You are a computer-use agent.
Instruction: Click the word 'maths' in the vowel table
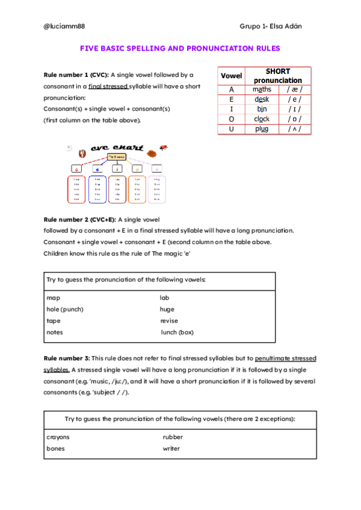pyautogui.click(x=262, y=90)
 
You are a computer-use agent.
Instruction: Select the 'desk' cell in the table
pyautogui.click(x=262, y=99)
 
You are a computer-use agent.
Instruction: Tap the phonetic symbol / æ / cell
pyautogui.click(x=295, y=90)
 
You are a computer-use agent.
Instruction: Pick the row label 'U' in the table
pyautogui.click(x=231, y=129)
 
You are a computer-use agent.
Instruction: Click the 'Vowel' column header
pyautogui.click(x=232, y=76)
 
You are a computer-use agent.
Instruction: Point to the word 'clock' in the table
pyautogui.click(x=262, y=119)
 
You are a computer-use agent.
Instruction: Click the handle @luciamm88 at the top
pyautogui.click(x=63, y=26)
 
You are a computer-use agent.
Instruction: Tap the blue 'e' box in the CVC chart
pyautogui.click(x=97, y=169)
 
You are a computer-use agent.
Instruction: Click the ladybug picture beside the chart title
pyautogui.click(x=163, y=147)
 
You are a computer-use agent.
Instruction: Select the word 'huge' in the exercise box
pyautogui.click(x=167, y=309)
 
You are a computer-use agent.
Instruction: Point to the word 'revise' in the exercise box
pyautogui.click(x=169, y=321)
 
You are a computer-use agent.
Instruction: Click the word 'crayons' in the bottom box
pyautogui.click(x=58, y=437)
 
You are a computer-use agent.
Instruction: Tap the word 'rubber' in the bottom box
pyautogui.click(x=173, y=437)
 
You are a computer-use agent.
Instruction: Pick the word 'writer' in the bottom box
pyautogui.click(x=171, y=448)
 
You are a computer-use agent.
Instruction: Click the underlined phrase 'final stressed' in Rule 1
pyautogui.click(x=108, y=87)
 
